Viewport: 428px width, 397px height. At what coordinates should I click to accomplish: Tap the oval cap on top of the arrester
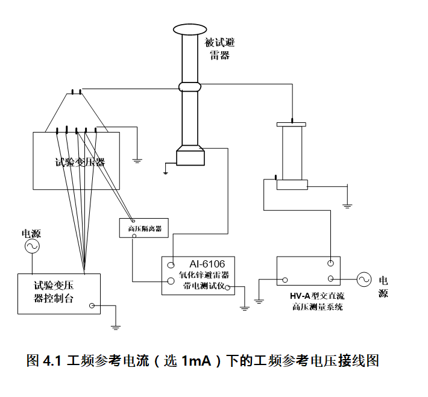click(189, 29)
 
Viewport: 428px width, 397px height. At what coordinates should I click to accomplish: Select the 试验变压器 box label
click(80, 162)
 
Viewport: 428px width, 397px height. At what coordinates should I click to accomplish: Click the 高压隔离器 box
click(144, 228)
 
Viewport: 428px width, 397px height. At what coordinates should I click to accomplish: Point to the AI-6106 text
click(206, 264)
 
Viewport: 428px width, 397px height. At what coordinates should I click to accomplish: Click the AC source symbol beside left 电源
click(31, 246)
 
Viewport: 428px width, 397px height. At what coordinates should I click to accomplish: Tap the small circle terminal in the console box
click(92, 306)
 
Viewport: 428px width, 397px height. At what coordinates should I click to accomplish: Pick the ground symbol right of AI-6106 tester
click(245, 307)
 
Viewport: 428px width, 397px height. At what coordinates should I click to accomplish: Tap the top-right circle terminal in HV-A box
click(330, 263)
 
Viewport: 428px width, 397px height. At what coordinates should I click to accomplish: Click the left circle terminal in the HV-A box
click(285, 280)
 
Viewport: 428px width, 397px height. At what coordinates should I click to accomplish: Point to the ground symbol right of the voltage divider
click(347, 205)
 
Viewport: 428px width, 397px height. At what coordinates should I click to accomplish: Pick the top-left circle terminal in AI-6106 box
click(171, 264)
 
